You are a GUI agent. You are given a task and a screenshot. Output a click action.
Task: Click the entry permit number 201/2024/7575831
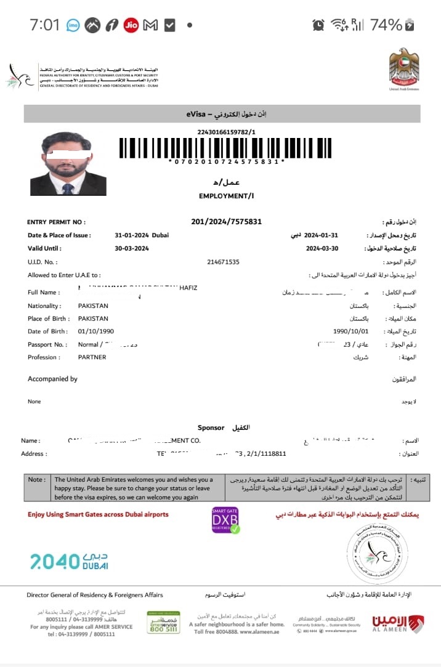click(227, 222)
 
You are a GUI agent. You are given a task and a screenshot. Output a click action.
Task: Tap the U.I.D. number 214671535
click(224, 262)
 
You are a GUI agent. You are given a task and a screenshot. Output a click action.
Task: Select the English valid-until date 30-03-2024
click(132, 249)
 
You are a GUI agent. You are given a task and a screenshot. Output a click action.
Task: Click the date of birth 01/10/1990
click(96, 331)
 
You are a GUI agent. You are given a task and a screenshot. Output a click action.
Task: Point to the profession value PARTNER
click(92, 357)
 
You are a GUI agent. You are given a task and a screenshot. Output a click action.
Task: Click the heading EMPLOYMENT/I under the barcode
click(226, 196)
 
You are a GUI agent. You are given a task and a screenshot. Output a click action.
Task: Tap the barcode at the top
click(226, 148)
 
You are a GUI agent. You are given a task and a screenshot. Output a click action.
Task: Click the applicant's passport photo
click(68, 164)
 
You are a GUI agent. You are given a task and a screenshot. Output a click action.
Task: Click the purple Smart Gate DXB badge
click(225, 520)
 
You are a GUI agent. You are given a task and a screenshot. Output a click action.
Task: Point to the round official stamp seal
click(377, 555)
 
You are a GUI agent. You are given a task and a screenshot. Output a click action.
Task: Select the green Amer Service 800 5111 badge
click(163, 622)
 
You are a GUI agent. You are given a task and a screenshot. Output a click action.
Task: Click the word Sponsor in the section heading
click(211, 427)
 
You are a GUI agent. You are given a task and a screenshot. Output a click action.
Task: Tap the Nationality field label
click(44, 306)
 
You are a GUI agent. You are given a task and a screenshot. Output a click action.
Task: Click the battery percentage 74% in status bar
click(386, 25)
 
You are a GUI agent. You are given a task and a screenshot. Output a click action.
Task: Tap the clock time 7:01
click(44, 25)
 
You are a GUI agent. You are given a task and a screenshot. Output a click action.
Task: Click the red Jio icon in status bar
click(131, 25)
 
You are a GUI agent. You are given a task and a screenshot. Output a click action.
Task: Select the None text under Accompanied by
click(34, 402)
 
